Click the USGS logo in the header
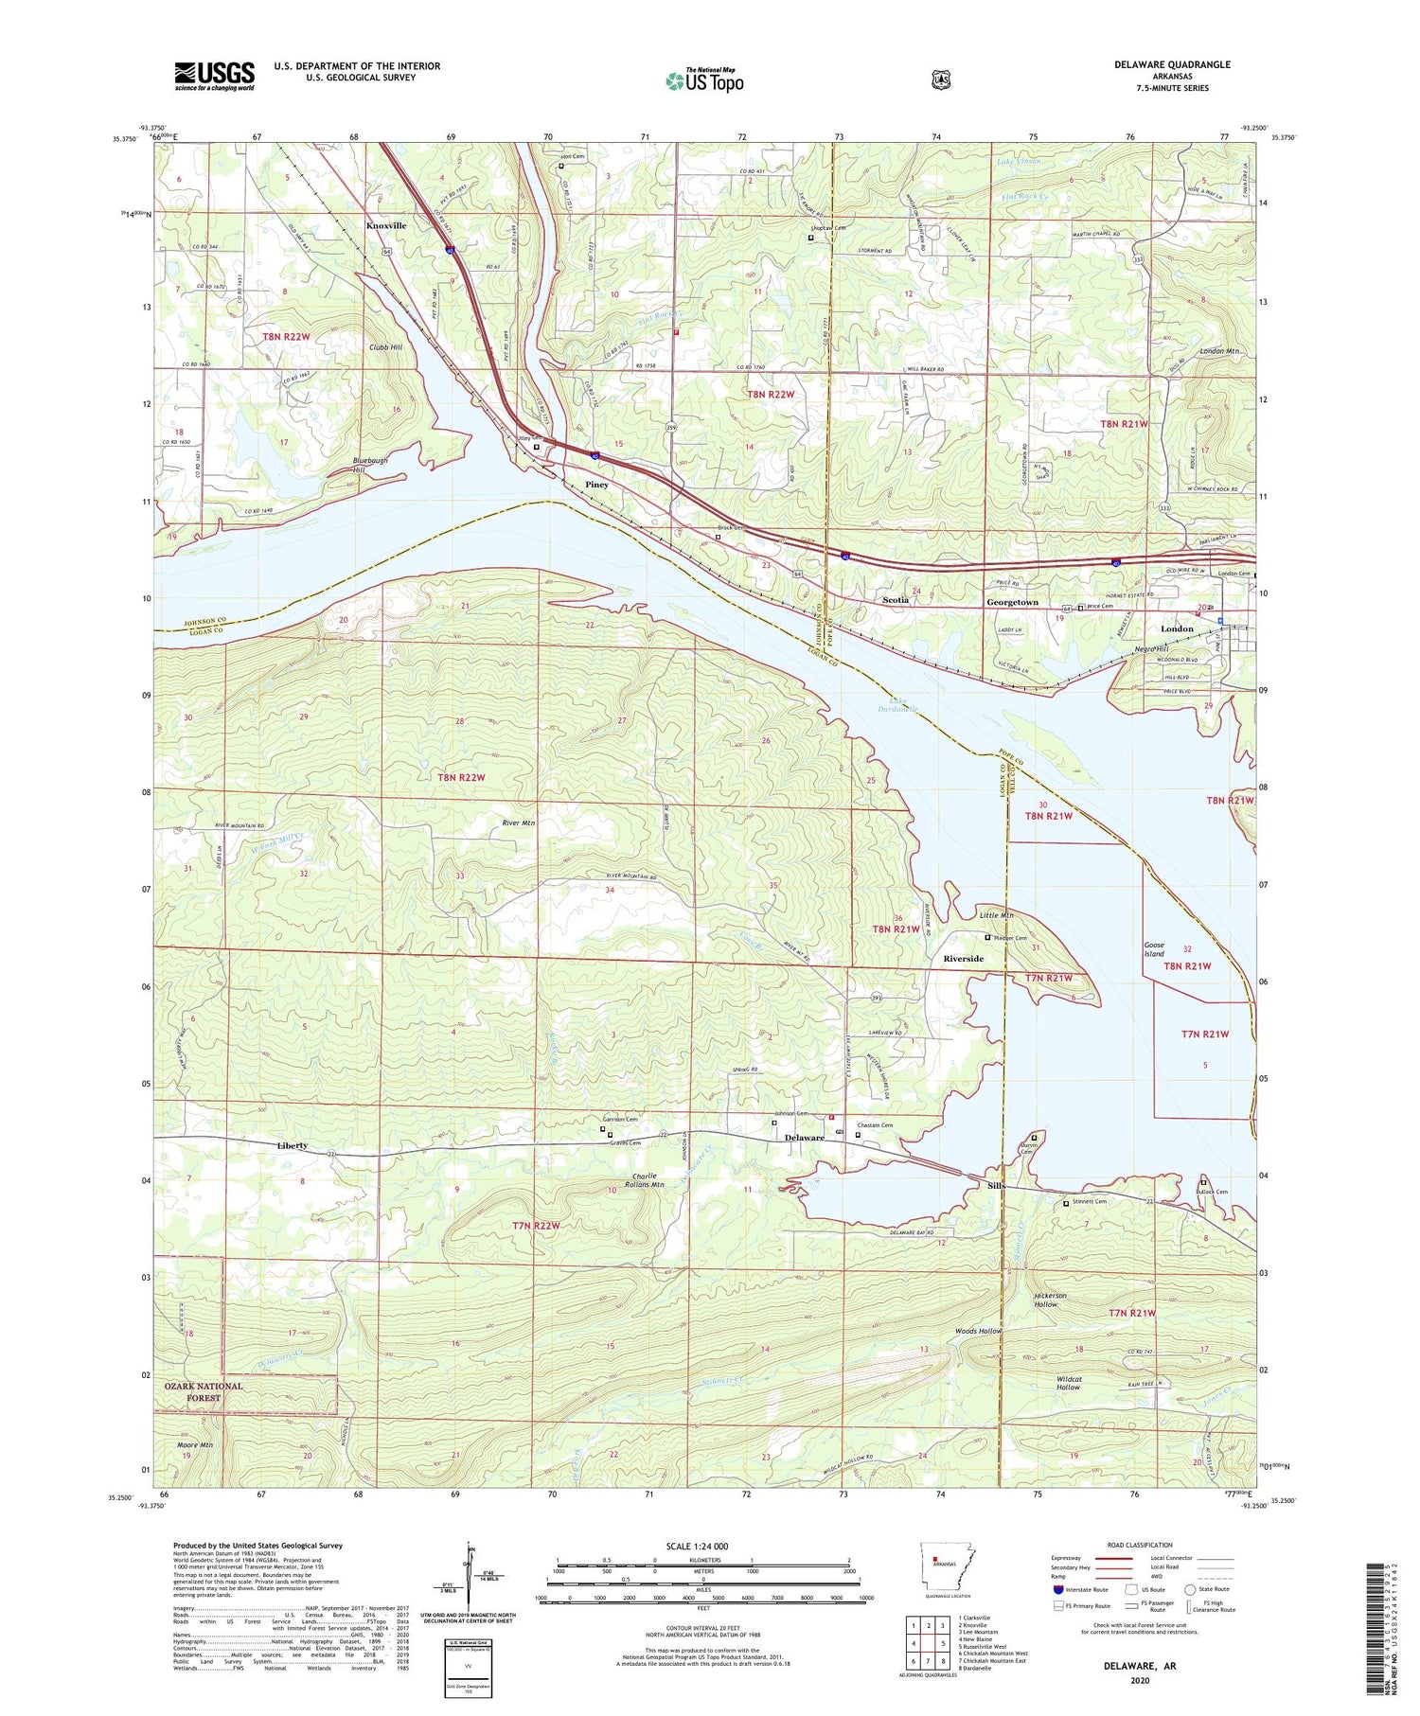click(214, 76)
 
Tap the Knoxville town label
click(386, 226)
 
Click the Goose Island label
click(1154, 949)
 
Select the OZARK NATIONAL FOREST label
click(204, 1391)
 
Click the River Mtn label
click(519, 823)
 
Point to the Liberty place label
click(292, 1145)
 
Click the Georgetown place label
click(1012, 602)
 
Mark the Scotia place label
click(895, 600)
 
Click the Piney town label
click(596, 485)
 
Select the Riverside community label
click(963, 959)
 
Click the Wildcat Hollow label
click(1068, 1383)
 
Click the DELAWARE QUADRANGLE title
click(1179, 64)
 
